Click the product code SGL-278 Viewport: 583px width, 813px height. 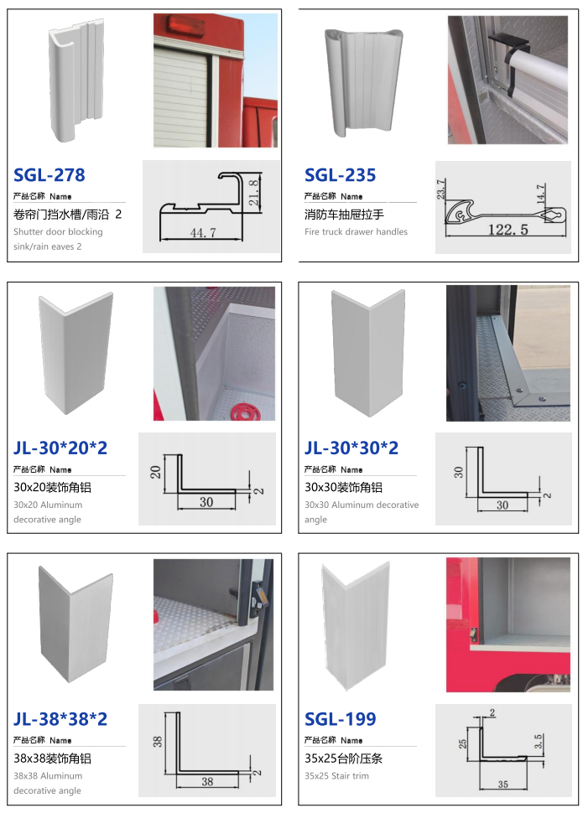49,174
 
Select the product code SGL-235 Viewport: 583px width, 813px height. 340,174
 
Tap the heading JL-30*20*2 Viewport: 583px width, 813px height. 60,448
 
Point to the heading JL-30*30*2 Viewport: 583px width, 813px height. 351,448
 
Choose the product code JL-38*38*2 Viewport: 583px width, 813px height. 60,718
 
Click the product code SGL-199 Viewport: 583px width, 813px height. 340,718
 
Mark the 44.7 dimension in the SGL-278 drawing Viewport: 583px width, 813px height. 203,233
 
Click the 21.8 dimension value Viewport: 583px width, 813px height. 253,193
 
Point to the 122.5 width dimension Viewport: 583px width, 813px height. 508,230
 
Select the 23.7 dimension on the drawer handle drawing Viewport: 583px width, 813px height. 440,189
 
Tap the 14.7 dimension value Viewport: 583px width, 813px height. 540,194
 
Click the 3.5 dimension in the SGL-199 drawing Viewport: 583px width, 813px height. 539,741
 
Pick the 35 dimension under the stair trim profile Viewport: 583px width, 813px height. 503,784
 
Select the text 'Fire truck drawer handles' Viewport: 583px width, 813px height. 357,232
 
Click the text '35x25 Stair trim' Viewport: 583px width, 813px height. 337,775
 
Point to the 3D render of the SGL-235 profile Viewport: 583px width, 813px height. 364,82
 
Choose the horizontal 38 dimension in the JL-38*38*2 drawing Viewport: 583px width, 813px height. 207,781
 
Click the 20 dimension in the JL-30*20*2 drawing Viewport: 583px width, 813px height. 155,472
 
